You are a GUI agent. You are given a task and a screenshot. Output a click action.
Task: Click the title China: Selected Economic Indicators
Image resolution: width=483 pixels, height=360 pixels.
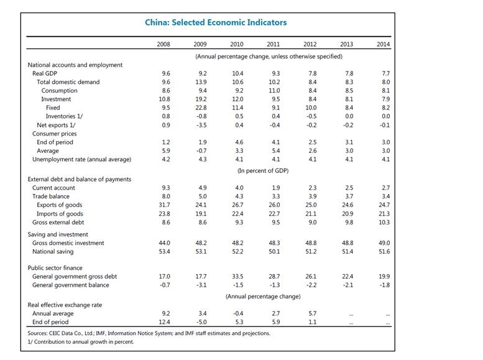pos(216,23)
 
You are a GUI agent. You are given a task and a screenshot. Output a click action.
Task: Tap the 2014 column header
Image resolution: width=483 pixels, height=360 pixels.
pos(384,44)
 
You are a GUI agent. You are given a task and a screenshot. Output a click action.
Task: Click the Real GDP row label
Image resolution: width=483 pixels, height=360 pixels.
pos(46,73)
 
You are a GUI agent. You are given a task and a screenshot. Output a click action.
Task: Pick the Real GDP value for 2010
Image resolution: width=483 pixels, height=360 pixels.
pos(237,73)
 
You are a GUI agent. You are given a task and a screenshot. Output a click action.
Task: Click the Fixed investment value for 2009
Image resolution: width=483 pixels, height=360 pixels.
pos(200,108)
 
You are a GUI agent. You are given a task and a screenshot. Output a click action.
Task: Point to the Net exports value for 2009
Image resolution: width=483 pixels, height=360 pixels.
pos(200,125)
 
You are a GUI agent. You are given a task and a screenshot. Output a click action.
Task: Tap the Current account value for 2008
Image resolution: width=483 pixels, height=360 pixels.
pos(165,188)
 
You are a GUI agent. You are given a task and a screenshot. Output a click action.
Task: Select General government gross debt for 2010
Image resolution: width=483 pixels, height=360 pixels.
pos(237,277)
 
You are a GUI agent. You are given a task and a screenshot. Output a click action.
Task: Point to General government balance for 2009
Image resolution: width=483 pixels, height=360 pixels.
pos(200,285)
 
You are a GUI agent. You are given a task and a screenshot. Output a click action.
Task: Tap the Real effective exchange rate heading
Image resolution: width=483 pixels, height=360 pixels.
pos(65,305)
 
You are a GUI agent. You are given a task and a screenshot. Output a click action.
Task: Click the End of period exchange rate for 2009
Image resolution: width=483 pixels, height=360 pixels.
pos(200,323)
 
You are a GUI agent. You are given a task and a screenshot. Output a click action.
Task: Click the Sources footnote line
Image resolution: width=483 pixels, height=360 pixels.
pos(149,333)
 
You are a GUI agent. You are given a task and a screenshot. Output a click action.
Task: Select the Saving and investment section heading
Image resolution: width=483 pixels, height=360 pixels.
pos(59,234)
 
